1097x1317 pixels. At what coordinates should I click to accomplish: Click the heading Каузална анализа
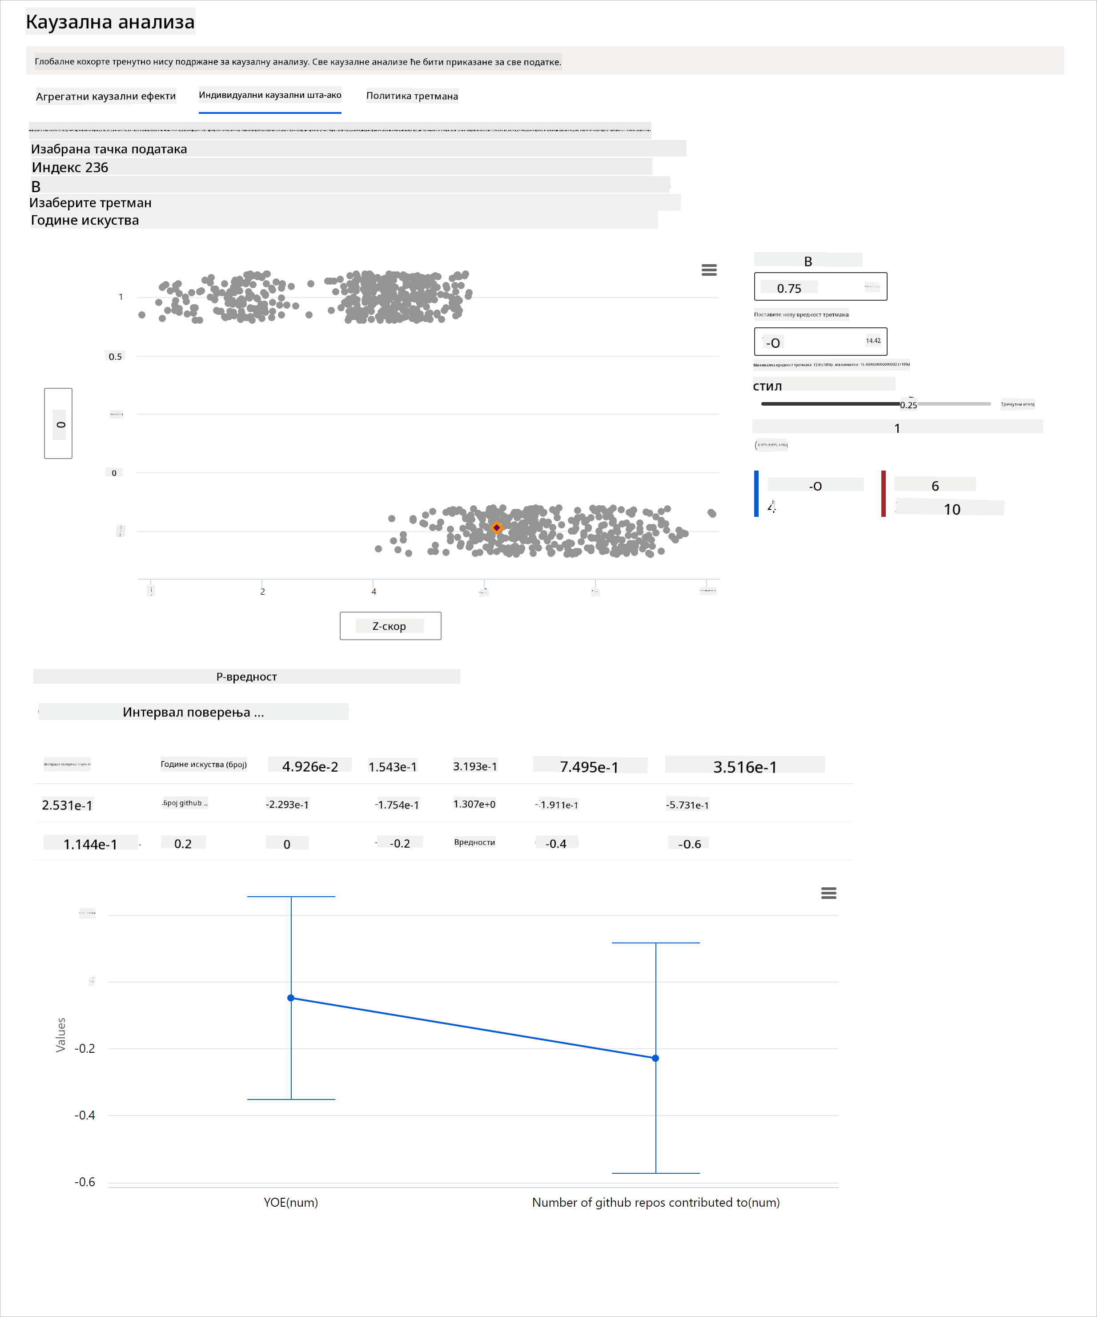[x=110, y=22]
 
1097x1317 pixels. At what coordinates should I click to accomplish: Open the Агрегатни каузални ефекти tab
[x=105, y=96]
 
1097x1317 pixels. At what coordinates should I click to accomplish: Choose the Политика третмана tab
[x=412, y=96]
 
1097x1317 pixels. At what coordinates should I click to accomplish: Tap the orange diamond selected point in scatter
[x=496, y=528]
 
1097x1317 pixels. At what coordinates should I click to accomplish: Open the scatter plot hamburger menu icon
[x=709, y=270]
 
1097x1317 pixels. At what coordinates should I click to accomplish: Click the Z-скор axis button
[x=390, y=626]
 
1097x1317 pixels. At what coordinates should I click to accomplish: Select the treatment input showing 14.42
[x=820, y=342]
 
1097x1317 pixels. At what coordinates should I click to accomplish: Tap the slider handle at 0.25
[x=901, y=404]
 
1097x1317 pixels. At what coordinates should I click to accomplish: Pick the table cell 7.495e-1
[x=589, y=766]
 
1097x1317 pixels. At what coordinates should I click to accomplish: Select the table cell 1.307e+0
[x=474, y=805]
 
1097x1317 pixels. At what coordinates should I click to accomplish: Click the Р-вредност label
[x=246, y=677]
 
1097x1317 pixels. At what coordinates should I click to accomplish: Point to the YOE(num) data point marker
[x=291, y=998]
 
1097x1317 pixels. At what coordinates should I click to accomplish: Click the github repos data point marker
[x=656, y=1059]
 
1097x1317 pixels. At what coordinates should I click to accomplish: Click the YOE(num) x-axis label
[x=291, y=1203]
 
